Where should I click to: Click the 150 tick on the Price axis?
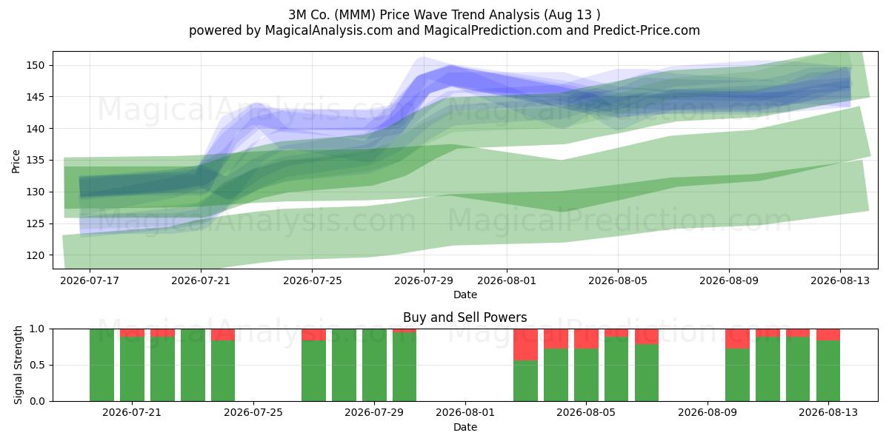36,65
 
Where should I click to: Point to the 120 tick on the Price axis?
36,256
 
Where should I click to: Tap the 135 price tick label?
36,161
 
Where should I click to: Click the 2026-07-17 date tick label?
90,280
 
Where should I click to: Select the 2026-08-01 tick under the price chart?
507,280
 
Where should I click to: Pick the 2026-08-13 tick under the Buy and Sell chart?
828,413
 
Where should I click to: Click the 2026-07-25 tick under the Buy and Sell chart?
253,413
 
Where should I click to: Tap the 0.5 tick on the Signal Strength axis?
37,365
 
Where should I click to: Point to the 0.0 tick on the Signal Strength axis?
37,402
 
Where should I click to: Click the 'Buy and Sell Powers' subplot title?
465,317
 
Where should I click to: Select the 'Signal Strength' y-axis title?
18,365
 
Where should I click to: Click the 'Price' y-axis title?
16,161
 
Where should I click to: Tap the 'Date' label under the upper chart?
465,295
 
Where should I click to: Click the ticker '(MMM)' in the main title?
355,15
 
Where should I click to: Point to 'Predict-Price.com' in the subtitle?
647,30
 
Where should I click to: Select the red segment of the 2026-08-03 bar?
525,345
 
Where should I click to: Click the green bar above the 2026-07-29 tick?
374,365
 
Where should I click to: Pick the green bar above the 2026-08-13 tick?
828,371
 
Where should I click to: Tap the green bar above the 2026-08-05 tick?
586,375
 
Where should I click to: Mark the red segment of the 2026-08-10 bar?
737,339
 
